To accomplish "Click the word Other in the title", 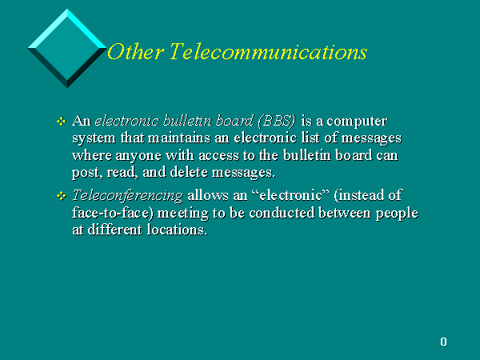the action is click(135, 51).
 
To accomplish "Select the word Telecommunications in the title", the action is click(268, 51).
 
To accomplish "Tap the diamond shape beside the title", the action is click(67, 48).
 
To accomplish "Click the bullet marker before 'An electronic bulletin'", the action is click(62, 122).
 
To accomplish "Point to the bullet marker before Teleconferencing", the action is click(62, 196).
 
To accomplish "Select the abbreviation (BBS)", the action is click(277, 121).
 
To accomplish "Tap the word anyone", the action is click(138, 156).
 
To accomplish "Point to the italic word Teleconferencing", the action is click(127, 196).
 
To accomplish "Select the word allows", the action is click(208, 195).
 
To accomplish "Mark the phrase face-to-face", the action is click(111, 213).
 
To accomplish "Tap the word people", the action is click(397, 214).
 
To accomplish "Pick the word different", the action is click(114, 230).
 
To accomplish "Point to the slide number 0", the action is click(443, 342).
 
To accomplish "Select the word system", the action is click(94, 138).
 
